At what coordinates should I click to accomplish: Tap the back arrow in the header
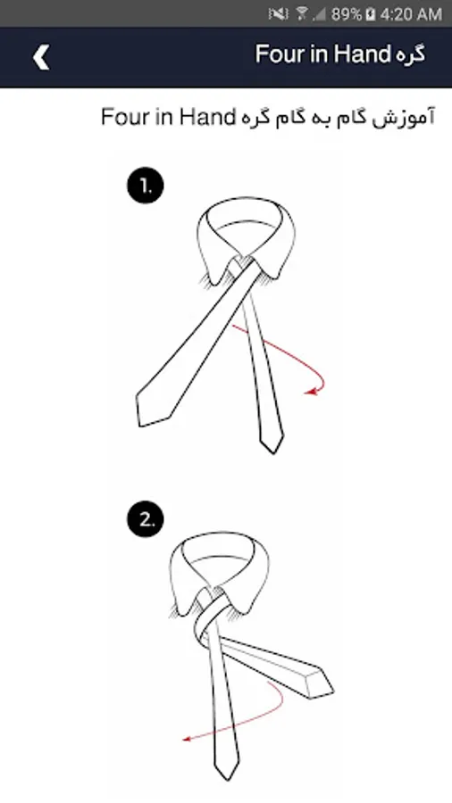[41, 56]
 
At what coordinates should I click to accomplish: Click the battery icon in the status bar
[371, 14]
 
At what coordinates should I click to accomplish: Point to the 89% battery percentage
[347, 14]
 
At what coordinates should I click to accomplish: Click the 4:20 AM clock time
[411, 14]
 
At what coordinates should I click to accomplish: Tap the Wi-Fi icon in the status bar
[302, 13]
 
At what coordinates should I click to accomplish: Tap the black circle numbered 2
[146, 520]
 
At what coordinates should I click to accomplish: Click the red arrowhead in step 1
[310, 392]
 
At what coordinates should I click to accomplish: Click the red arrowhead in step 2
[188, 739]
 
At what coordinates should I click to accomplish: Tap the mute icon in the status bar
[278, 14]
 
